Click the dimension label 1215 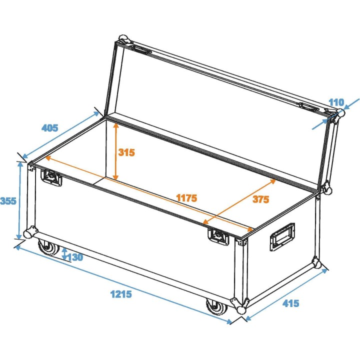[x=120, y=294]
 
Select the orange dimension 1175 [x=186, y=198]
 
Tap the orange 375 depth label [x=260, y=199]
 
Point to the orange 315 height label [x=126, y=152]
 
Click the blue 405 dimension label [x=49, y=128]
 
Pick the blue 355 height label [x=8, y=201]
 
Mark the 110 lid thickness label [x=336, y=102]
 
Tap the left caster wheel [x=48, y=248]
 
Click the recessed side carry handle [x=282, y=236]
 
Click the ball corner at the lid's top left [x=122, y=40]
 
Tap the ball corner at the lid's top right [x=338, y=113]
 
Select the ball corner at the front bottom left [x=30, y=232]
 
